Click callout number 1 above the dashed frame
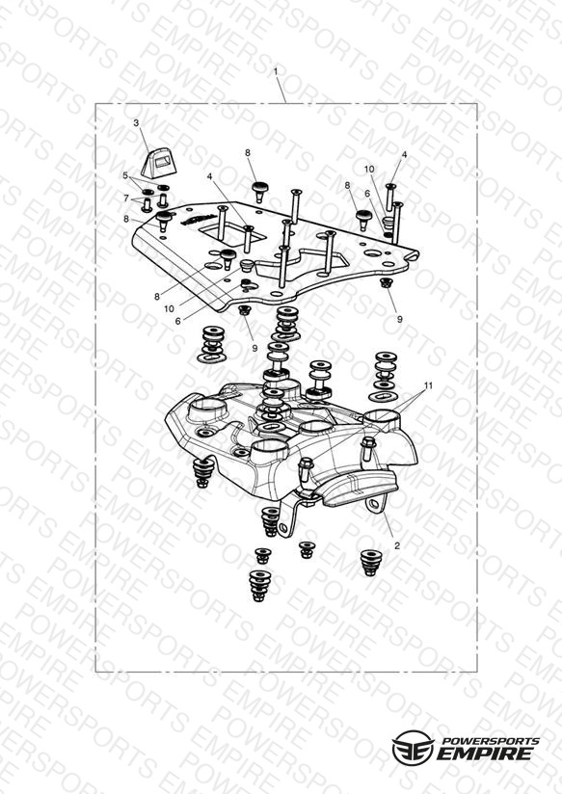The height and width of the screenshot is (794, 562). [x=276, y=72]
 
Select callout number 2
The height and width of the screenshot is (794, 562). [x=397, y=545]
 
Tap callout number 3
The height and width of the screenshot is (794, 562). [x=136, y=123]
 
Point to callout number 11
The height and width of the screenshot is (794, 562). [x=429, y=385]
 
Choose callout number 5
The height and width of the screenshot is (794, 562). [x=125, y=175]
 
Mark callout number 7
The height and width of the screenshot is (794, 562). [x=126, y=198]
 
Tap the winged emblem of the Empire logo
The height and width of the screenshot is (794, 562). [x=414, y=748]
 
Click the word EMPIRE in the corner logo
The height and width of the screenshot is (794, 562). [x=485, y=754]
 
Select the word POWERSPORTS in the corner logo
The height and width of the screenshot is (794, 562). [x=491, y=741]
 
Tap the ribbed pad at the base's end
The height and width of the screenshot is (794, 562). [x=358, y=488]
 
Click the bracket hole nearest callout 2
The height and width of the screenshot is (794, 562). [x=373, y=504]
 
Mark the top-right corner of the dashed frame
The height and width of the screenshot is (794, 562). [x=477, y=104]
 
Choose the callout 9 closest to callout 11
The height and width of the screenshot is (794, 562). [x=399, y=319]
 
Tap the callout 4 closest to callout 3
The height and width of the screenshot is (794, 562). [x=209, y=176]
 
